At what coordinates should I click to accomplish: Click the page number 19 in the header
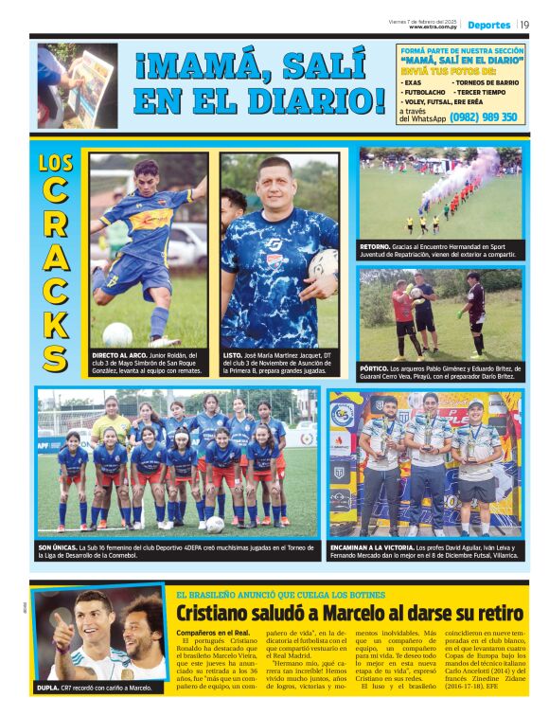[x=524, y=25]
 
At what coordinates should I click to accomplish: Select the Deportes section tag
[x=488, y=25]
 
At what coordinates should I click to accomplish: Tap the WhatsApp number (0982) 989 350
[x=485, y=117]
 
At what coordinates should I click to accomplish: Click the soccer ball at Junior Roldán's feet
[x=117, y=333]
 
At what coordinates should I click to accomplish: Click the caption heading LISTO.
[x=234, y=354]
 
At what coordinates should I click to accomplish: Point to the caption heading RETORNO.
[x=377, y=246]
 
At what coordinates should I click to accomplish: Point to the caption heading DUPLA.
[x=49, y=688]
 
